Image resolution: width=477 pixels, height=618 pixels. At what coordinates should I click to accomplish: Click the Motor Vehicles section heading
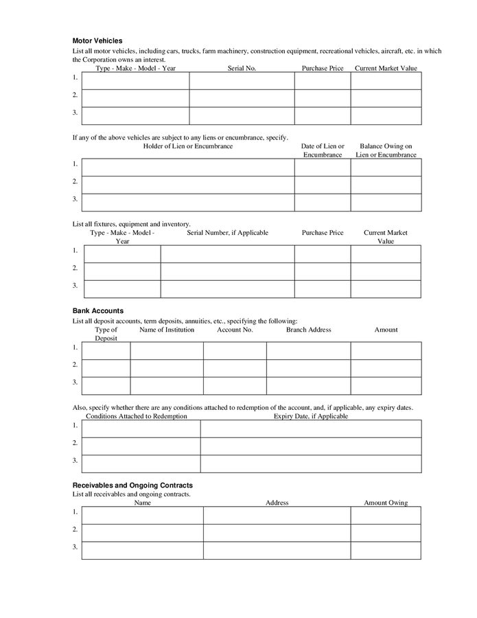[97, 41]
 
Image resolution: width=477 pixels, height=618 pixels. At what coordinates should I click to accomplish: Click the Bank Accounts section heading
[98, 311]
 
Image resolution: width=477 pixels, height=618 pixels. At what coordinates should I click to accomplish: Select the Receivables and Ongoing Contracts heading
[132, 485]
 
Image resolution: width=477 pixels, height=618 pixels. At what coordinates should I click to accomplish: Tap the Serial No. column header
[242, 68]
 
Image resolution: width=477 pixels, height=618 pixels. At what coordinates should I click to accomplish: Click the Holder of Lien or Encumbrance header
[187, 146]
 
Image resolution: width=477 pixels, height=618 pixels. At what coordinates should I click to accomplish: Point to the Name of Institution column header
[167, 330]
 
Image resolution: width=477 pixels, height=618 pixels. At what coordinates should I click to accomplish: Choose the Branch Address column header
[308, 330]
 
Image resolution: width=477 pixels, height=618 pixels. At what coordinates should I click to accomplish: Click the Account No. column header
[235, 330]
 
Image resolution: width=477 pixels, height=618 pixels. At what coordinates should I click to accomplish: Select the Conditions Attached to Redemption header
[136, 416]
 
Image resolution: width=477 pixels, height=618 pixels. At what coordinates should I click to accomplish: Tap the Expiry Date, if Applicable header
[310, 416]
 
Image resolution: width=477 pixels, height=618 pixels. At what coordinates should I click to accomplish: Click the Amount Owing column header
[385, 503]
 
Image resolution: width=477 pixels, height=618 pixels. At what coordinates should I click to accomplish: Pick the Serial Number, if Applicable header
[227, 233]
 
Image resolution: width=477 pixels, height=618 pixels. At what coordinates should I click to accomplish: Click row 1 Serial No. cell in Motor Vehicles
[242, 81]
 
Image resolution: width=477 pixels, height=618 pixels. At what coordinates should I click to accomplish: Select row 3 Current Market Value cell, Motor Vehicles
[386, 116]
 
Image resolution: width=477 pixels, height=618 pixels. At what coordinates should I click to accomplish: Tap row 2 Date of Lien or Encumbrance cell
[323, 185]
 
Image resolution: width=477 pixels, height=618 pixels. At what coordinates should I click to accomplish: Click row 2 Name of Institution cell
[167, 368]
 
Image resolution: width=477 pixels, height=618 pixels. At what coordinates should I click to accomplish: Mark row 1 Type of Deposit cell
[106, 351]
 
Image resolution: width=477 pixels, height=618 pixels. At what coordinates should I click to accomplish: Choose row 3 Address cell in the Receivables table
[277, 550]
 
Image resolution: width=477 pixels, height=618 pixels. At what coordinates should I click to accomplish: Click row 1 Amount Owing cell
[385, 515]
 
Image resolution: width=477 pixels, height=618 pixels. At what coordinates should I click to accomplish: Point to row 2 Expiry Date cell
[310, 446]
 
